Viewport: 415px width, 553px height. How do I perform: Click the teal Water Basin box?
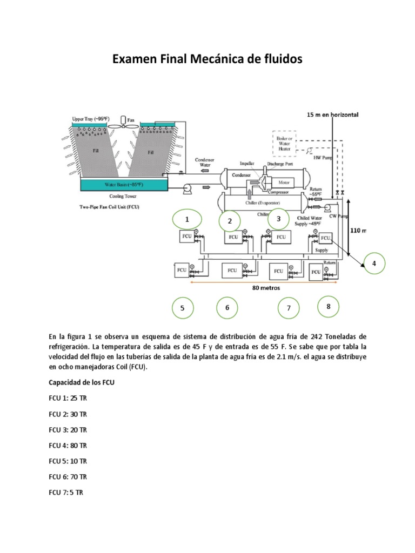(x=124, y=185)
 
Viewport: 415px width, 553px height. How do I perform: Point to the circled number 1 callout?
(x=187, y=220)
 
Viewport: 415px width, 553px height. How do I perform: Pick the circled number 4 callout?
(x=373, y=263)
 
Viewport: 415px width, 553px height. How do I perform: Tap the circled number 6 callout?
(x=227, y=307)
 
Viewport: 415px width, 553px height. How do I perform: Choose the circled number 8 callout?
(x=329, y=306)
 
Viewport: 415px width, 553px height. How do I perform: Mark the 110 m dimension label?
(x=358, y=230)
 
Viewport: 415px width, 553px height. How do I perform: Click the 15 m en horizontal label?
(x=332, y=114)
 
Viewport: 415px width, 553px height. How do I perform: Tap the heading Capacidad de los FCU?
(x=82, y=383)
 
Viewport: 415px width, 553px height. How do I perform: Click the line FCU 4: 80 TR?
(x=68, y=446)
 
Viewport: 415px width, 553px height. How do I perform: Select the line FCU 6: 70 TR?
(x=68, y=477)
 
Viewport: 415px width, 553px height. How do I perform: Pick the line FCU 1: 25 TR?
(x=68, y=399)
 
